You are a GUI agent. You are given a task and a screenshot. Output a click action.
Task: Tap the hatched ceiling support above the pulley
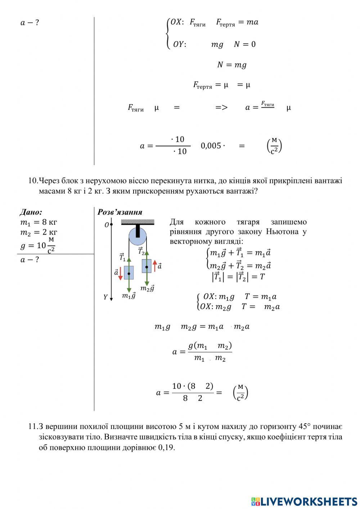(138, 222)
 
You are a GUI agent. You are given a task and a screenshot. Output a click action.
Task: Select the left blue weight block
(129, 273)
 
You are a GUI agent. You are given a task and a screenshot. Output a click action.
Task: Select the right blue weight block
(147, 266)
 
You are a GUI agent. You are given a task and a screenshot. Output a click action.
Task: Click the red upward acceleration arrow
(155, 266)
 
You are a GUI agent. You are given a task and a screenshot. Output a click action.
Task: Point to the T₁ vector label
(122, 257)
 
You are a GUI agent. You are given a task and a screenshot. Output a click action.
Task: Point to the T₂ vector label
(141, 251)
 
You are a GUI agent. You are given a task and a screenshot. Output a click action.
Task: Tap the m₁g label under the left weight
(129, 296)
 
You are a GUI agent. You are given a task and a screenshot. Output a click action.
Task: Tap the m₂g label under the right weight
(147, 289)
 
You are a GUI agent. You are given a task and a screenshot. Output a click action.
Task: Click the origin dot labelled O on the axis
(112, 224)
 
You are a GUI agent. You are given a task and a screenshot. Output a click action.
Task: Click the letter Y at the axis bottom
(105, 297)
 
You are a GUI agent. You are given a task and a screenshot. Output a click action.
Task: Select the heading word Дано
(31, 212)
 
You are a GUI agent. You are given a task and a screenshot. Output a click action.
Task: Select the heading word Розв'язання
(120, 212)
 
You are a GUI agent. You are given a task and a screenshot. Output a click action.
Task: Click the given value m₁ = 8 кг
(39, 222)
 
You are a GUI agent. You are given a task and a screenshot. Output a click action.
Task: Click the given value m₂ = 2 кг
(39, 232)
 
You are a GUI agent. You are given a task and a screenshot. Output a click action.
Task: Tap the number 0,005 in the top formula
(211, 146)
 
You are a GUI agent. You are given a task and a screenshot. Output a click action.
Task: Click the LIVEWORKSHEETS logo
(304, 501)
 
